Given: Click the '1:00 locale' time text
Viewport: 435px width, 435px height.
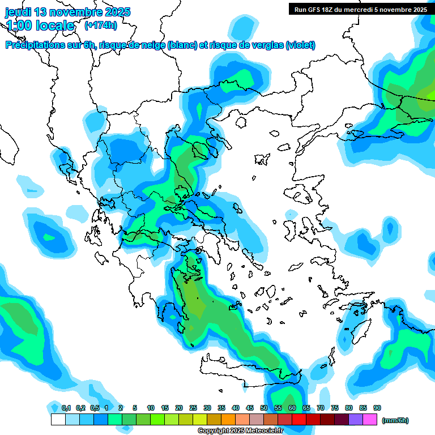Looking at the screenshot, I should (x=40, y=25).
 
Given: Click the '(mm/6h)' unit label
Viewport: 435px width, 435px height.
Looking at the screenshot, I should (x=395, y=420).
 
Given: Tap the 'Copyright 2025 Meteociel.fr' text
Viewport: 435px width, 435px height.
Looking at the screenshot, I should (x=241, y=431).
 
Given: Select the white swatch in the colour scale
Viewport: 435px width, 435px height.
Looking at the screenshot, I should (x=58, y=420).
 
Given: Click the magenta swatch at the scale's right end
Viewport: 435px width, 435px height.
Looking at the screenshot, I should (x=370, y=420).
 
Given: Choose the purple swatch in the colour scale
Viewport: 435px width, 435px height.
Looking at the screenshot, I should (x=356, y=420).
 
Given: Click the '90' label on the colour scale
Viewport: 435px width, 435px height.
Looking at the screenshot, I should (x=377, y=408).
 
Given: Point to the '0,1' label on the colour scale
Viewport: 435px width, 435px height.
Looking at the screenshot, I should (x=66, y=408).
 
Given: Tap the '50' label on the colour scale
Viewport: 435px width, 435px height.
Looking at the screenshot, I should (x=264, y=408).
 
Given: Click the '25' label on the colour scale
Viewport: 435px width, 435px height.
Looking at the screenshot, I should (x=193, y=408).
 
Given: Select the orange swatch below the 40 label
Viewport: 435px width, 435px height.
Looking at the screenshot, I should (x=228, y=420).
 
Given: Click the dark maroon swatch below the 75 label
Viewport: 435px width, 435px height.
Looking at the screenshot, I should (x=327, y=420).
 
